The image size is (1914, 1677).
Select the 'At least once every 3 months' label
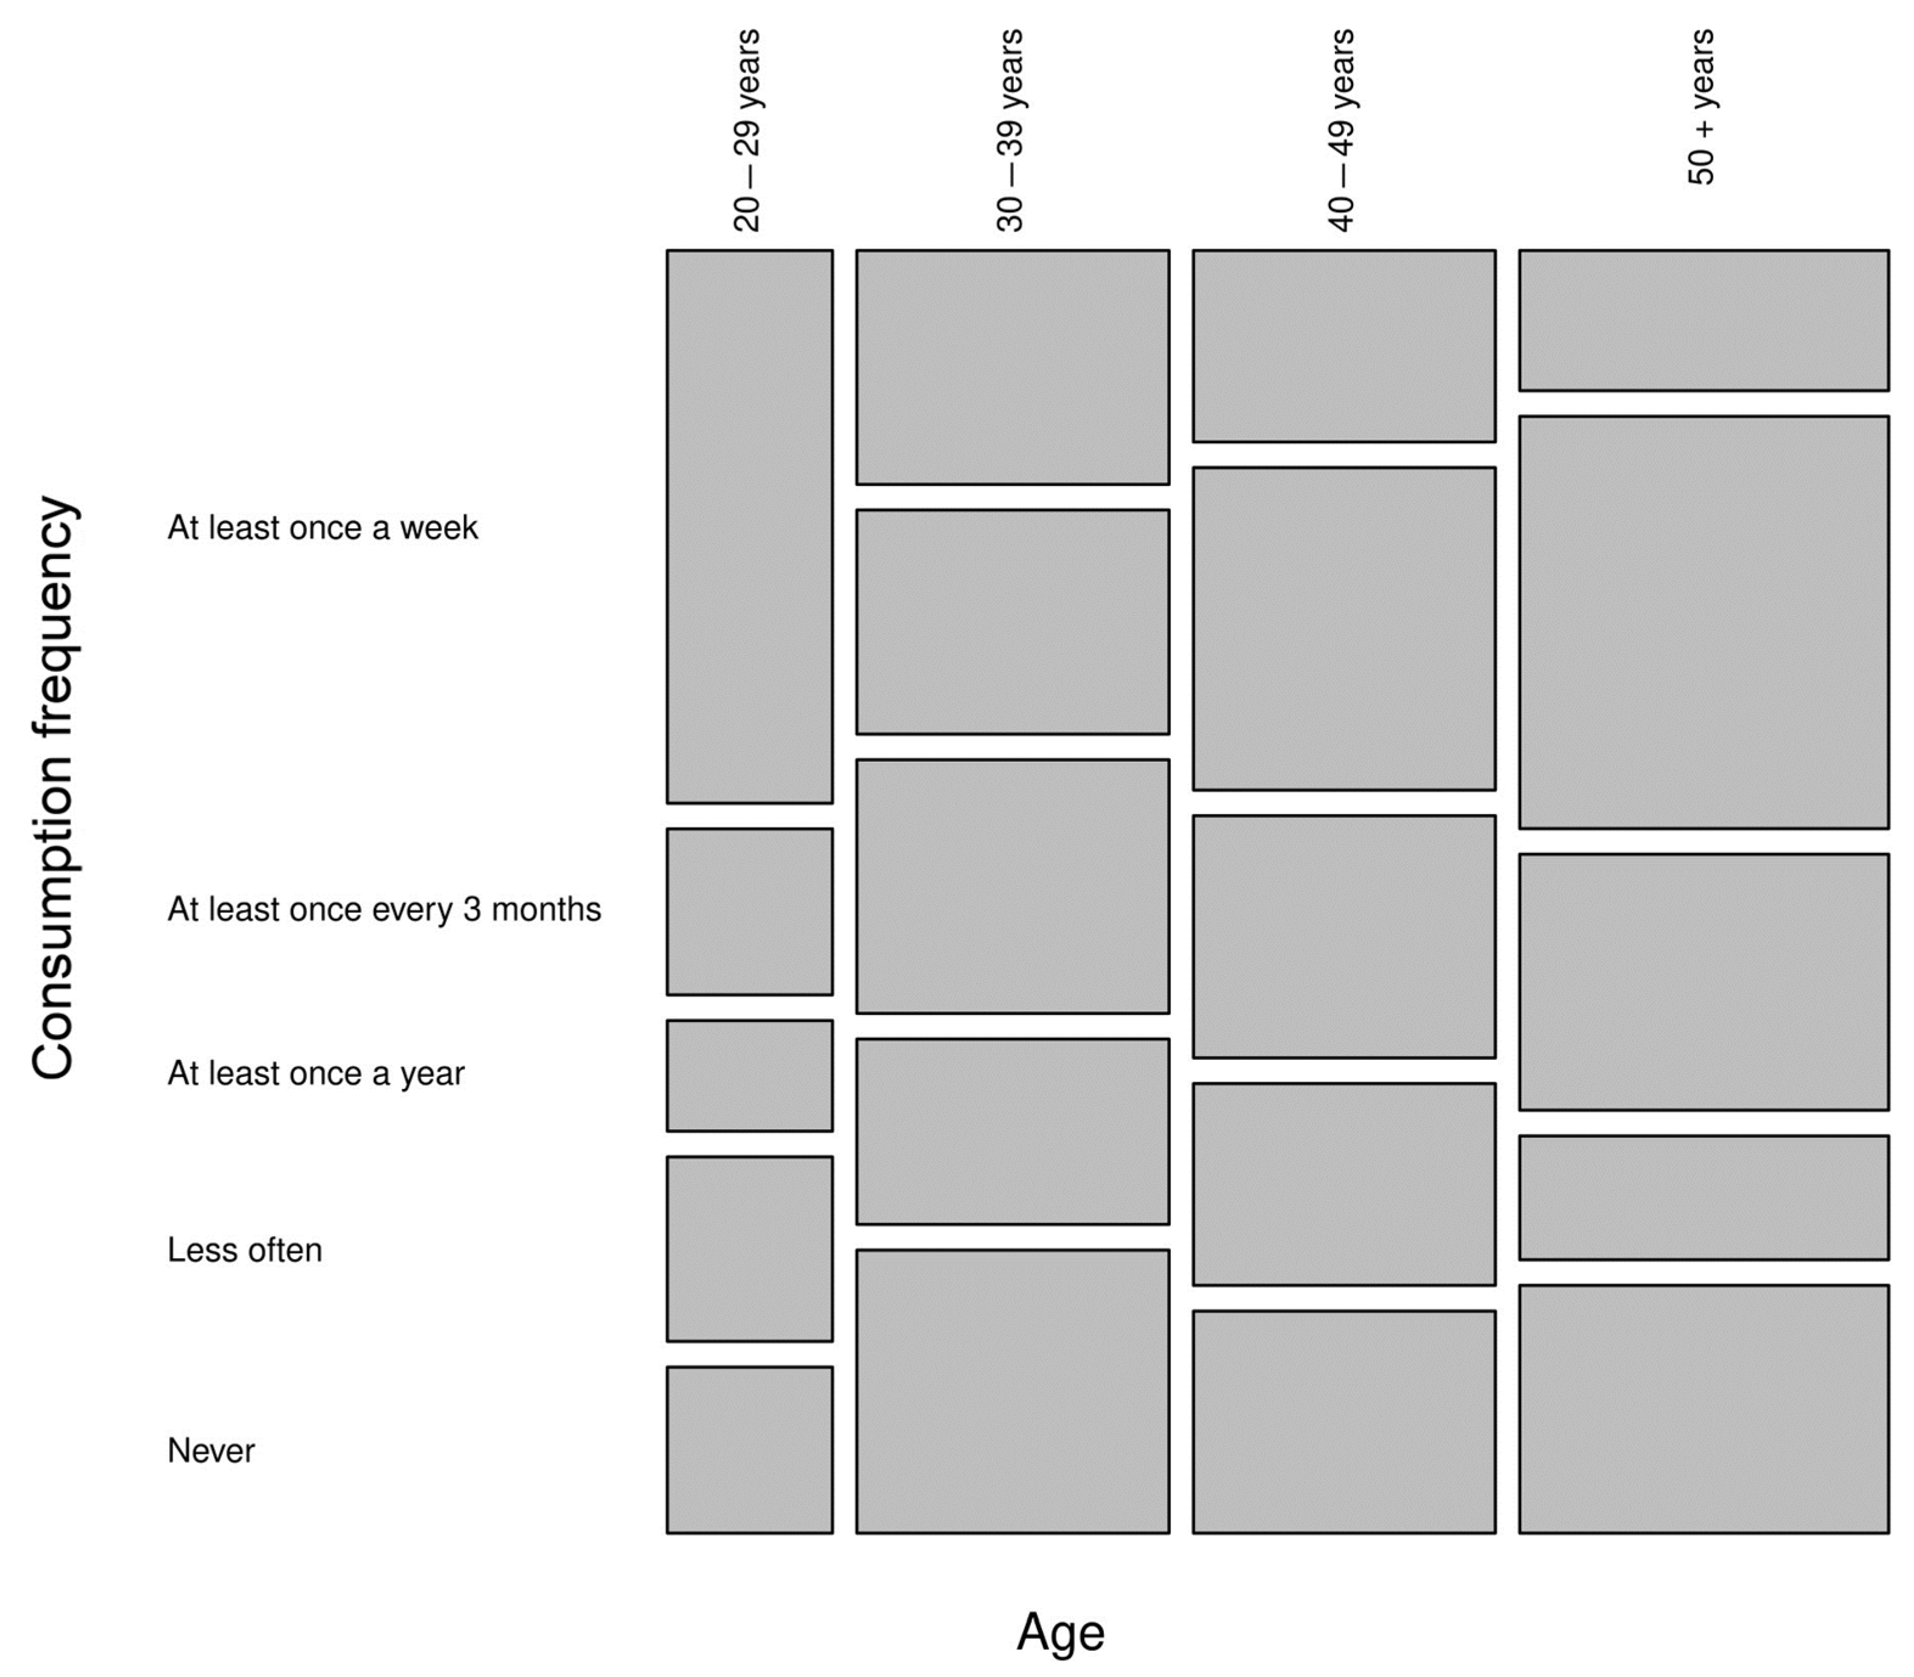[x=384, y=910]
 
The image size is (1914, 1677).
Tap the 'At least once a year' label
[x=316, y=1073]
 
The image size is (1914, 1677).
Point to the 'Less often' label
[x=244, y=1250]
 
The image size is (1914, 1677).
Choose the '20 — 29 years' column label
[x=747, y=131]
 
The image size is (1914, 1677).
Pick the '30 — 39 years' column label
[x=1011, y=131]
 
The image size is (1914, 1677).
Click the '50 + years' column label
[x=1702, y=108]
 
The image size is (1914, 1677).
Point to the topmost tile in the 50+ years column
[x=1704, y=320]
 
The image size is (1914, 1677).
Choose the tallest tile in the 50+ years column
[x=1704, y=622]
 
